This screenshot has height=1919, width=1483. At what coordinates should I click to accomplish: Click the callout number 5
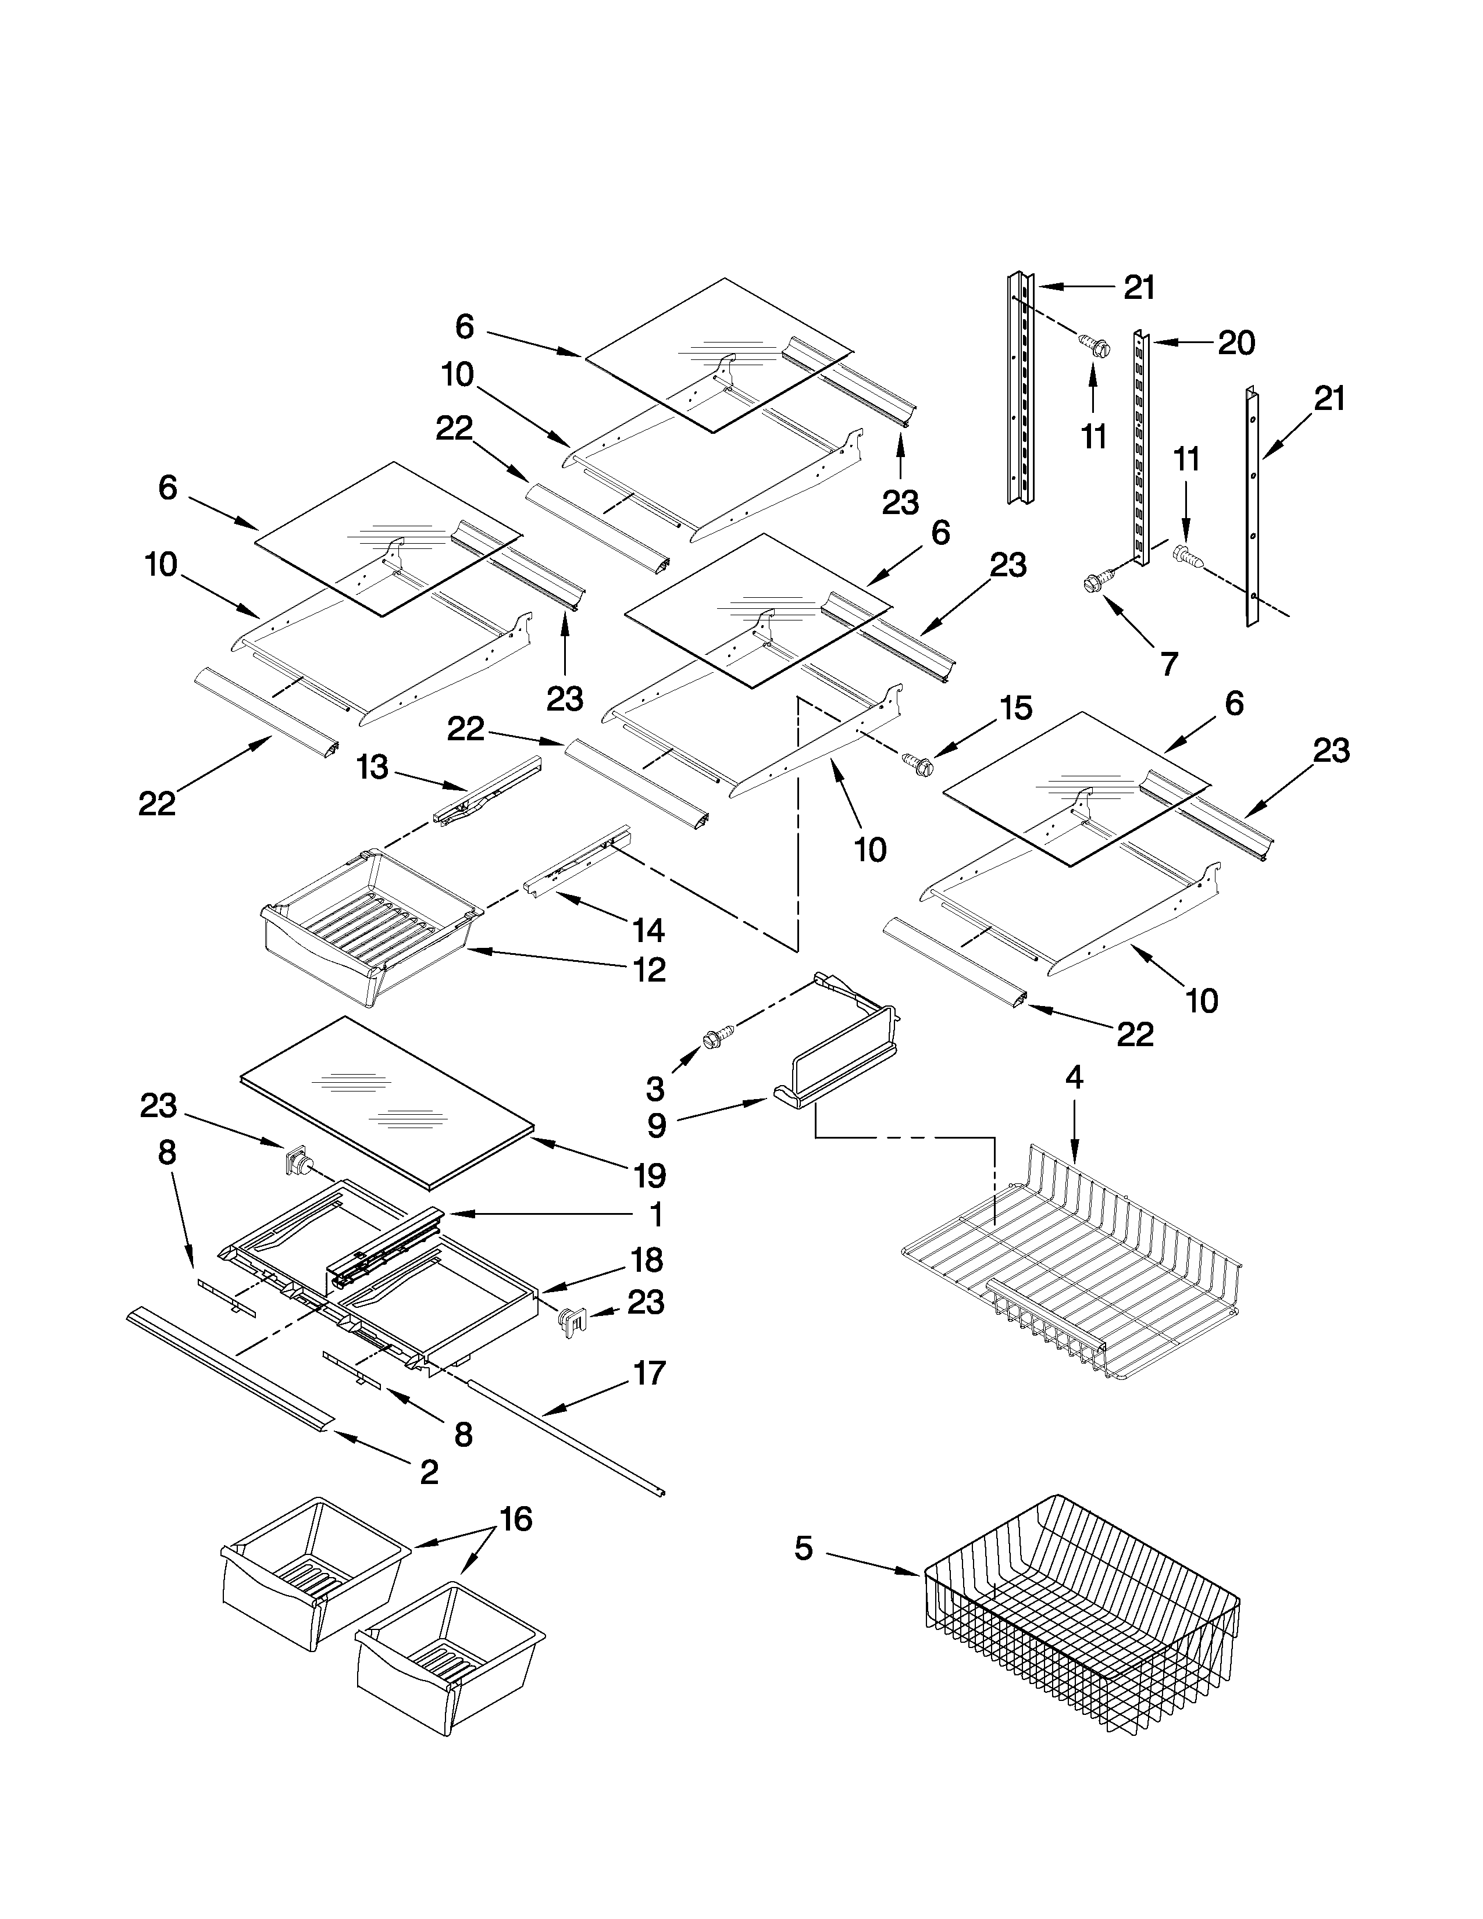803,1548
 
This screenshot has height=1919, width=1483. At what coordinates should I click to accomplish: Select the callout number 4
1074,1078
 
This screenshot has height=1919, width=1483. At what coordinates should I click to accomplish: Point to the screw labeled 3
712,1040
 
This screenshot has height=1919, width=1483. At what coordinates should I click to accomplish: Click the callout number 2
429,1472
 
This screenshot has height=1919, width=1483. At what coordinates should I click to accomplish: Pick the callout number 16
516,1518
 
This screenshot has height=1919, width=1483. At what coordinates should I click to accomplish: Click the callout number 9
656,1126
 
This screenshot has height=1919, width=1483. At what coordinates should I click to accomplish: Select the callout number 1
655,1215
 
